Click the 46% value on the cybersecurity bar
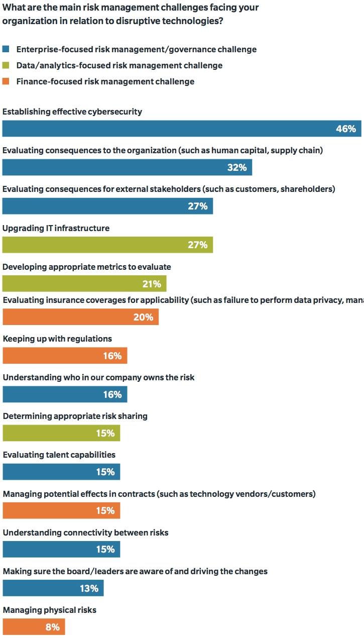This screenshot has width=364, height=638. point(346,129)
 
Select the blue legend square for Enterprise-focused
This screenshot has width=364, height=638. point(6,49)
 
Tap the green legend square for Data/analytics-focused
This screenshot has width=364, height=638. point(6,65)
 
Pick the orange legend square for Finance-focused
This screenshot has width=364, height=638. point(6,81)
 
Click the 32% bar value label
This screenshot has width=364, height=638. point(236,167)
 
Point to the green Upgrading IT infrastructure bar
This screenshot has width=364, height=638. point(107,245)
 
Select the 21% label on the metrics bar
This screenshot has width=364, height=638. point(152,284)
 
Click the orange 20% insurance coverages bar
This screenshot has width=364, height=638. point(80,317)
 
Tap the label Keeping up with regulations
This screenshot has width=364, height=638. point(57,339)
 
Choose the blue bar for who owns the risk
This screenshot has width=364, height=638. point(65,394)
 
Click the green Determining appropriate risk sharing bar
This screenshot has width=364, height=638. point(61,433)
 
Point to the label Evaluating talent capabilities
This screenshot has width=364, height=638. point(59,455)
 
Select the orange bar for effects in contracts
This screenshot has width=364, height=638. point(61,510)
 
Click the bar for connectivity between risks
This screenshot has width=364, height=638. point(61,549)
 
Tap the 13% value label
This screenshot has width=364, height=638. point(89,588)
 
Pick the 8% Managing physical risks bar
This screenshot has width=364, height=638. point(34,627)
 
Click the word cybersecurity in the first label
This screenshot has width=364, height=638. point(114,112)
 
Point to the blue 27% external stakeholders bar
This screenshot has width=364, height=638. point(107,206)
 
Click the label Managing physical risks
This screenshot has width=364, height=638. point(50,610)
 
